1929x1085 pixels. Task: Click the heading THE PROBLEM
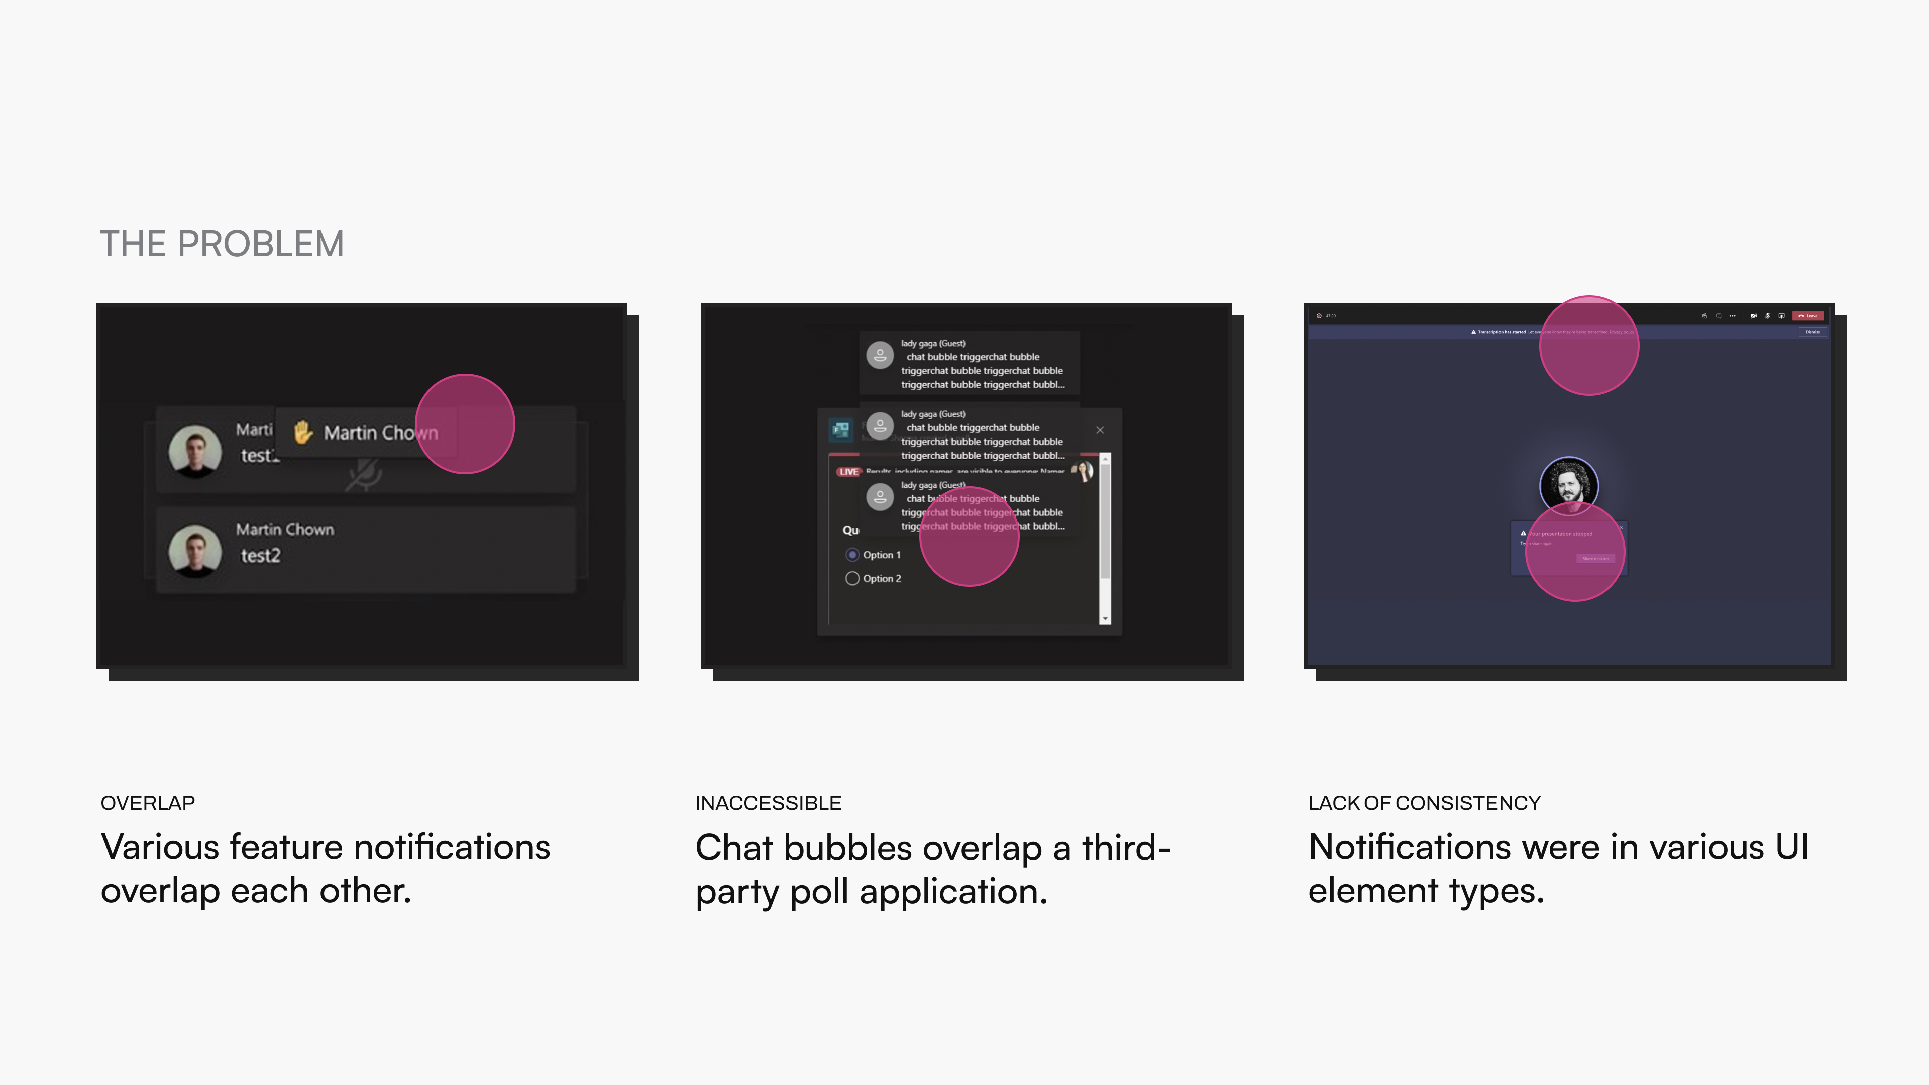click(x=222, y=244)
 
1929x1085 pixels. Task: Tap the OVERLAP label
click(x=148, y=803)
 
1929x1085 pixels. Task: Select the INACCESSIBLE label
click(x=768, y=803)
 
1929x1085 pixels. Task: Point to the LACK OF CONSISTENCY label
click(x=1424, y=803)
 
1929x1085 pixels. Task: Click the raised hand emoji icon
click(x=302, y=432)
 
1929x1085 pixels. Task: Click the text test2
click(x=260, y=556)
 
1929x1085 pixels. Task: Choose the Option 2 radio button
click(x=852, y=578)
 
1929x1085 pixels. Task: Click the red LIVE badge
click(x=848, y=472)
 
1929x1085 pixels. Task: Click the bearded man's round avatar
click(x=1569, y=485)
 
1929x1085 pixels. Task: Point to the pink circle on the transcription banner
click(x=1588, y=345)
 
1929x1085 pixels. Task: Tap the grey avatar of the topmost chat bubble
click(x=880, y=355)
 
